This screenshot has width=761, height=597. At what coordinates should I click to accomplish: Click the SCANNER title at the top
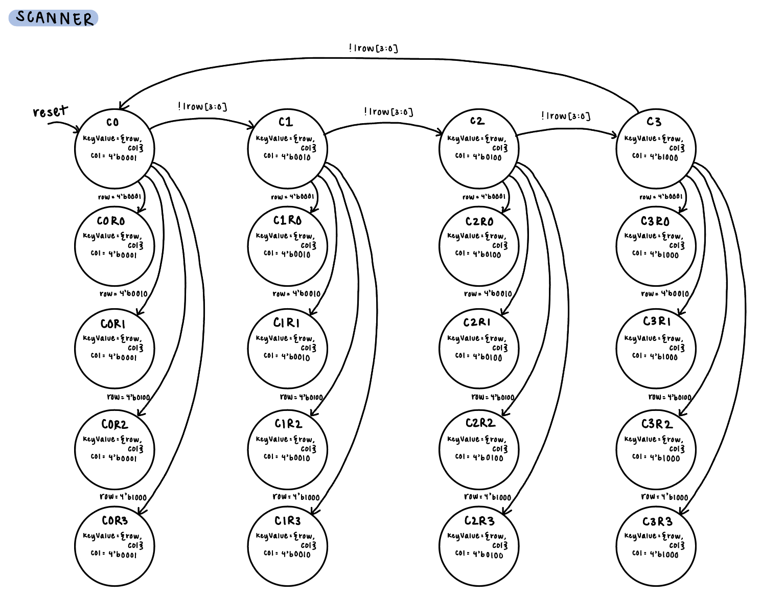[x=54, y=18]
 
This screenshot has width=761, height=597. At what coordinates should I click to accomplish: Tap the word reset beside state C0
[x=50, y=111]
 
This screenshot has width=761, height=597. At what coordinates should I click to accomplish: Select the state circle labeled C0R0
[x=114, y=246]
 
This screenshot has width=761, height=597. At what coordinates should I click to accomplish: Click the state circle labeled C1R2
[x=287, y=449]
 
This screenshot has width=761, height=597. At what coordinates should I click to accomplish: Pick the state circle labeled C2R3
[x=479, y=546]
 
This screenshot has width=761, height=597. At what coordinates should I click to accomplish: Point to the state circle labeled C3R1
[x=656, y=348]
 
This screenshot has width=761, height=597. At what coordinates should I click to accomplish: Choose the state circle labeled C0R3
[x=114, y=546]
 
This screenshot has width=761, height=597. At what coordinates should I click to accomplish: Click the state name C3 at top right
[x=654, y=122]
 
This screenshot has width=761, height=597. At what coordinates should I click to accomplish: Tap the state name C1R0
[x=287, y=220]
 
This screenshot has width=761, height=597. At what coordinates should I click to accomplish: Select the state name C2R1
[x=477, y=323]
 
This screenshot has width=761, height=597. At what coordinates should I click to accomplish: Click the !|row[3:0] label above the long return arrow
[x=373, y=49]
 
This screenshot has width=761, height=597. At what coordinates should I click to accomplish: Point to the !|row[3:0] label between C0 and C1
[x=202, y=106]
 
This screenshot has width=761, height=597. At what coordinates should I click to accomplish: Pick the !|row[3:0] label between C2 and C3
[x=566, y=116]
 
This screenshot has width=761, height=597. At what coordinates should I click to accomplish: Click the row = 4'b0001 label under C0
[x=120, y=197]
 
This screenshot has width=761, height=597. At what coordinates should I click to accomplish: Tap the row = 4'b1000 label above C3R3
[x=664, y=497]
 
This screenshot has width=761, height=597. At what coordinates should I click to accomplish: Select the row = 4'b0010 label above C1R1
[x=296, y=294]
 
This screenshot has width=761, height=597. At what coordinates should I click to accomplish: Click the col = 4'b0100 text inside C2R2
[x=479, y=457]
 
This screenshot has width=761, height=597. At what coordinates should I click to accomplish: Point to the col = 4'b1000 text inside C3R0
[x=655, y=254]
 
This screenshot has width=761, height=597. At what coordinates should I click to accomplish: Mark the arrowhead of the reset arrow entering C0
[x=78, y=131]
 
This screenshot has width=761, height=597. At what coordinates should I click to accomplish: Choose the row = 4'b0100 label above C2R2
[x=493, y=397]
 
